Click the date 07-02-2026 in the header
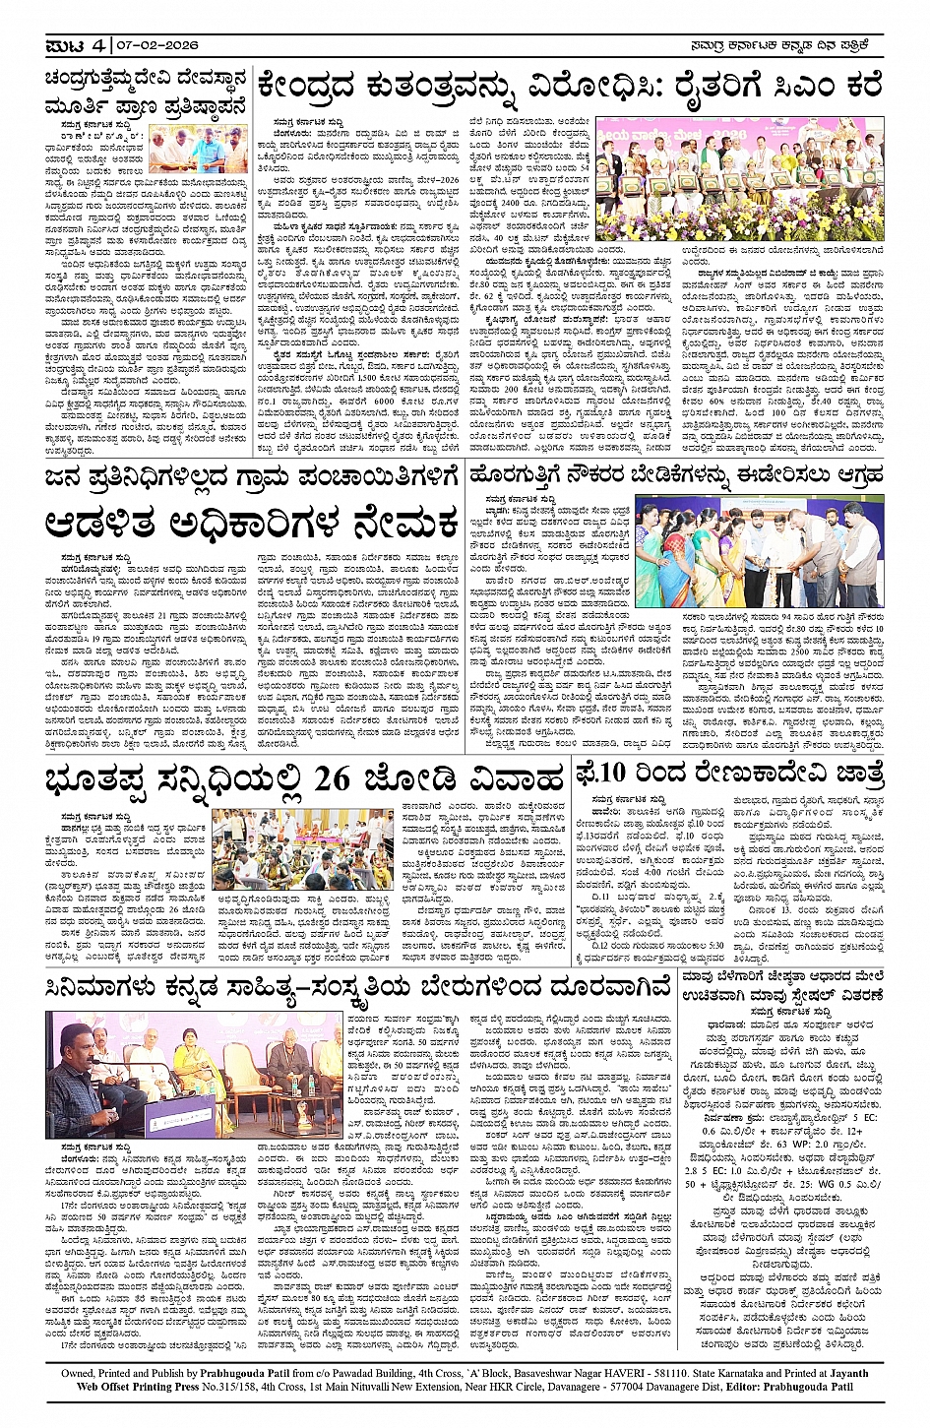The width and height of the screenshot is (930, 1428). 159,45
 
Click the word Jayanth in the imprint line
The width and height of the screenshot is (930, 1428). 843,1374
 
